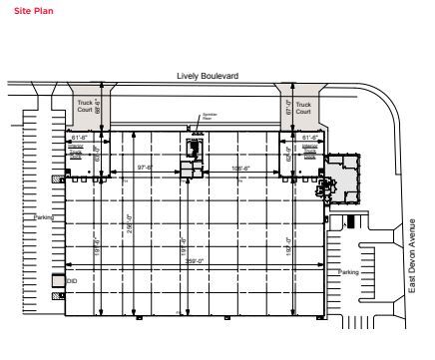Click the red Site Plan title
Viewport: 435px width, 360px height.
[x=23, y=11]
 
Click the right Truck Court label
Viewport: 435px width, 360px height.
[x=304, y=106]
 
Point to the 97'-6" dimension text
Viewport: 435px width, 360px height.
[x=145, y=168]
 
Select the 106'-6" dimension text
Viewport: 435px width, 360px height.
[x=240, y=168]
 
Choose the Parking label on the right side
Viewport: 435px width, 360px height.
[x=347, y=271]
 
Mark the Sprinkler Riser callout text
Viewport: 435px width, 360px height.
[x=210, y=115]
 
